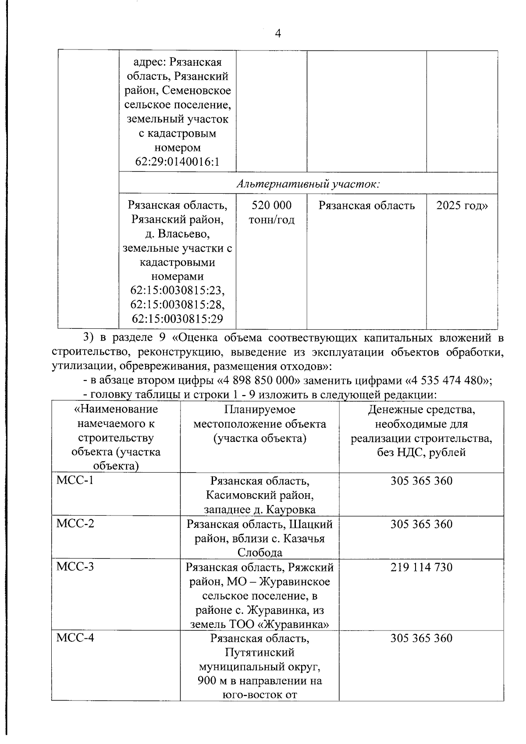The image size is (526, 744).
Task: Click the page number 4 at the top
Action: tap(277, 33)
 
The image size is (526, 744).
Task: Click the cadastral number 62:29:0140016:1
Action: tap(177, 162)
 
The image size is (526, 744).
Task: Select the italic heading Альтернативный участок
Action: tap(308, 184)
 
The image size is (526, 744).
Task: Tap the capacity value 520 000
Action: tap(271, 206)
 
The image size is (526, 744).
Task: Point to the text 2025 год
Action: tap(462, 206)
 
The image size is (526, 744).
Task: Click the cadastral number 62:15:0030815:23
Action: tap(177, 291)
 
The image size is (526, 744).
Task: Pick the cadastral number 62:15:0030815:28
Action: tap(177, 305)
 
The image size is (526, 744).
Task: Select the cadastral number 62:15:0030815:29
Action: tap(177, 319)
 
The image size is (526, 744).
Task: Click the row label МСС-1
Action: tap(75, 480)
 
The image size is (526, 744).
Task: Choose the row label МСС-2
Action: tap(75, 523)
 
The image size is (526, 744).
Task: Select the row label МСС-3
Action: tap(75, 566)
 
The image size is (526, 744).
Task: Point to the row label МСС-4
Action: tap(75, 637)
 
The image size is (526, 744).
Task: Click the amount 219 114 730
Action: tap(421, 567)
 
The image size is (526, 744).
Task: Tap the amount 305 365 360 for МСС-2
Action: tap(421, 524)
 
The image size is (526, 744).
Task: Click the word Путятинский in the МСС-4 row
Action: tap(259, 652)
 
